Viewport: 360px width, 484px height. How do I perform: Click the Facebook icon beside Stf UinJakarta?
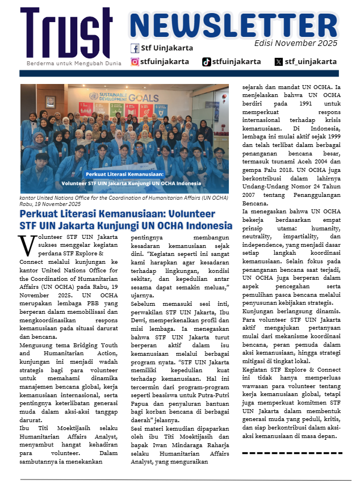click(x=135, y=48)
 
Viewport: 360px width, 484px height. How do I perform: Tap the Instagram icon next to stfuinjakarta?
click(x=135, y=62)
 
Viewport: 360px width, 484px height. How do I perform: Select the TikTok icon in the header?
click(x=207, y=62)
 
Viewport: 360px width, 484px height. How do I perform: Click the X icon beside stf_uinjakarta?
click(x=278, y=62)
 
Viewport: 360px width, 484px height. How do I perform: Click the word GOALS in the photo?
click(x=140, y=97)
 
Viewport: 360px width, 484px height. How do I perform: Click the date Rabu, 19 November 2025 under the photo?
click(x=51, y=204)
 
